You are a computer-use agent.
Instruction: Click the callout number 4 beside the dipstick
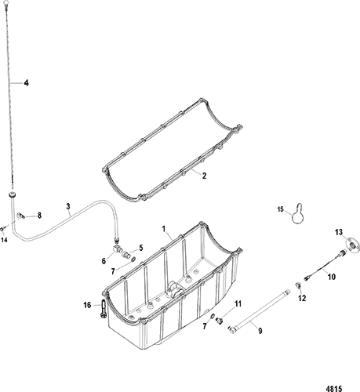pos(26,83)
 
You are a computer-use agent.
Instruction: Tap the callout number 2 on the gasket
pos(204,176)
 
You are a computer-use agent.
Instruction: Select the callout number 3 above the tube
pos(68,206)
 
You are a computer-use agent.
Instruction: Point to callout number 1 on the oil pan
pos(164,229)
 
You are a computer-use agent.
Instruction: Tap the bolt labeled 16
pos(103,309)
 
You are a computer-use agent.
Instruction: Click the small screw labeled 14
pos(2,229)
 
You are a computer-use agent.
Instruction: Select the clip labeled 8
pos(21,216)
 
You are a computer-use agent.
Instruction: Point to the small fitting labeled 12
pos(298,285)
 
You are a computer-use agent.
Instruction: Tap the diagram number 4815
pos(335,388)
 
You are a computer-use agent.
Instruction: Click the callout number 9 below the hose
pos(260,331)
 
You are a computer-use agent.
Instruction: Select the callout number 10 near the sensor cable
pos(332,277)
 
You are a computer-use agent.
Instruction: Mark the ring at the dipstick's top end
pos(5,2)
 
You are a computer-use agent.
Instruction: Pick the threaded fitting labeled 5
pos(125,253)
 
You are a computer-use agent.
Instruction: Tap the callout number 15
pos(281,209)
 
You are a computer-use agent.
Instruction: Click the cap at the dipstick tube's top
pos(12,194)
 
